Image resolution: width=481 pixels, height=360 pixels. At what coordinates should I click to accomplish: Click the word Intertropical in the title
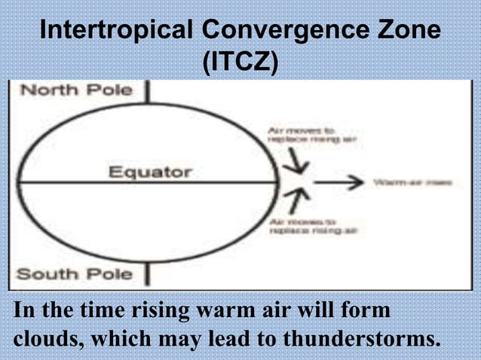[115, 32]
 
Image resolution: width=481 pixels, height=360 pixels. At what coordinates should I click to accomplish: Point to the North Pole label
[75, 90]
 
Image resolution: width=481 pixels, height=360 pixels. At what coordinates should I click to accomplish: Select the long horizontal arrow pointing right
[339, 182]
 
